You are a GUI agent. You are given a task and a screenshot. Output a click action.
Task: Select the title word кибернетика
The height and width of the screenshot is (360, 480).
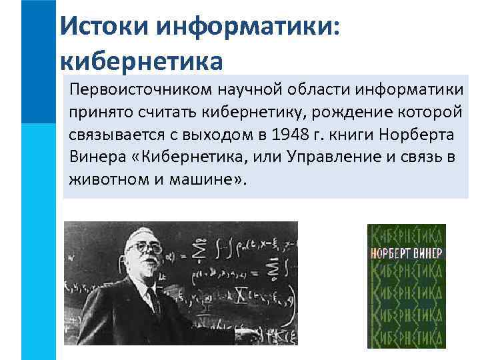click(x=140, y=61)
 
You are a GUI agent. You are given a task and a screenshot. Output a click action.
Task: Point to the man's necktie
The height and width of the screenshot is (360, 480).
click(x=153, y=299)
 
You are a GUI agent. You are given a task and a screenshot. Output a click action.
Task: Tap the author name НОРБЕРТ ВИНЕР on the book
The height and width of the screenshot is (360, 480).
click(x=406, y=254)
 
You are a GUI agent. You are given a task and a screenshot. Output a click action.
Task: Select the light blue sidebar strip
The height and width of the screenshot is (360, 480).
click(x=38, y=240)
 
